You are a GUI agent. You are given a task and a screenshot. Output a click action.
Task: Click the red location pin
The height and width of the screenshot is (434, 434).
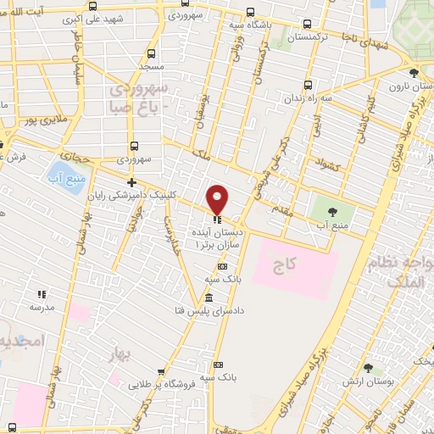click(218, 198)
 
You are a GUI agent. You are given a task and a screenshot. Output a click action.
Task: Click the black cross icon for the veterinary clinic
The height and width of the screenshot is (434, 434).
click(131, 182)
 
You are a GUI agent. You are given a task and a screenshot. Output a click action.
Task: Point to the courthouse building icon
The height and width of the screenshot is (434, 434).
click(209, 297)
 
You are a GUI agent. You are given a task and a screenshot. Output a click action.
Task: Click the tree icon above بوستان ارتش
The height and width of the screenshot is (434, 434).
click(368, 368)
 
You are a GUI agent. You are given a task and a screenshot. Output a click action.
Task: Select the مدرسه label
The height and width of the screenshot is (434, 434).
click(41, 308)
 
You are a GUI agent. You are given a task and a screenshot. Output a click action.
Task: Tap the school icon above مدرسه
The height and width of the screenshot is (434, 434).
click(41, 294)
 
